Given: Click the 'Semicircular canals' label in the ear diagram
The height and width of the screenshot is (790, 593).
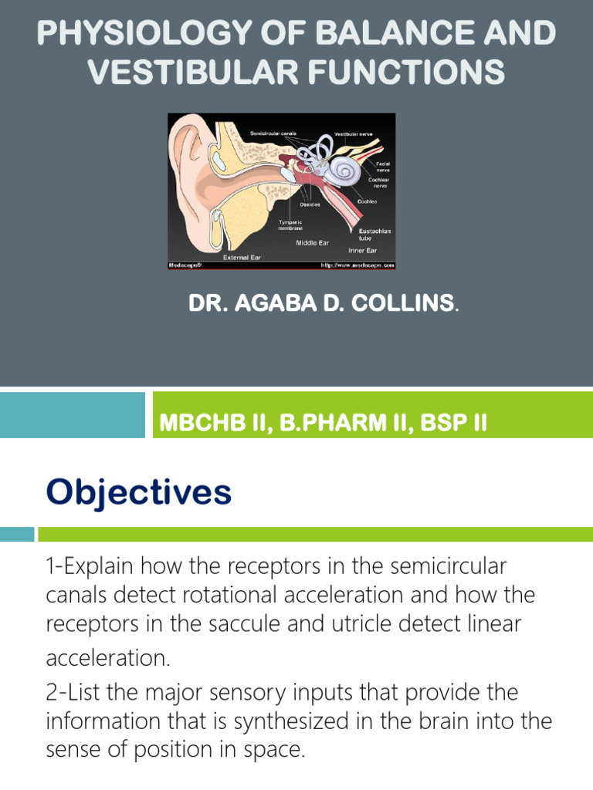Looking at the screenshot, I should [x=273, y=133].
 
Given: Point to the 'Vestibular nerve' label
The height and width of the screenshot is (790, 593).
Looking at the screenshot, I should [x=354, y=134].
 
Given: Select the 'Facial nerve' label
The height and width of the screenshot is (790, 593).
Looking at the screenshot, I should [x=383, y=167].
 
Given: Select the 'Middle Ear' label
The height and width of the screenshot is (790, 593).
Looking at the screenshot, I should [x=312, y=242].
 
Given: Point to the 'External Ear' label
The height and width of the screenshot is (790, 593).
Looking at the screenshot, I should [x=241, y=257].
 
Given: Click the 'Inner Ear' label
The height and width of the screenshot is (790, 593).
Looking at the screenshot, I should [x=361, y=250].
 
